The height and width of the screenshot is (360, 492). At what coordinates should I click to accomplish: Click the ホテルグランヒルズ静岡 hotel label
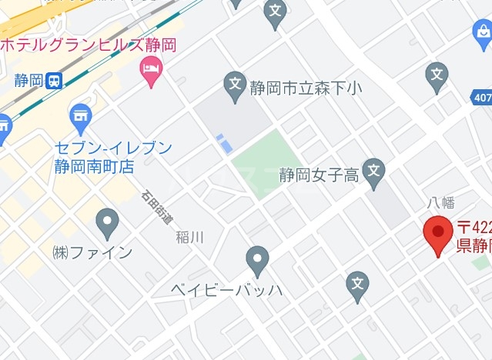coord(88,44)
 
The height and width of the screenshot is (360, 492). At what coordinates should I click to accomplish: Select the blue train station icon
coord(54,81)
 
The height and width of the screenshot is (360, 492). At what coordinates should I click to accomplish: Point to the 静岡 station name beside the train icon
coord(28,81)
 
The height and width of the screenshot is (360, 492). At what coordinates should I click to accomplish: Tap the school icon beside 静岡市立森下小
coord(234,85)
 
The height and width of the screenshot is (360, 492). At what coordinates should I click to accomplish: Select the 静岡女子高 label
coord(319,175)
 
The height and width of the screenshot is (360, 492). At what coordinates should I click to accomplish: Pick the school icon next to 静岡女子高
coord(373,172)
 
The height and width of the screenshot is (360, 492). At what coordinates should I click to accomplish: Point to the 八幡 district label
coord(441,203)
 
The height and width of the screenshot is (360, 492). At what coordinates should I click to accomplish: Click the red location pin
coord(439,235)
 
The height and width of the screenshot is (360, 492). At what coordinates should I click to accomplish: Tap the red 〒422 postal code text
coord(474,228)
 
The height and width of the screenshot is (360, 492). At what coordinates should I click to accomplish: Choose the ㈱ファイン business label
coord(92,252)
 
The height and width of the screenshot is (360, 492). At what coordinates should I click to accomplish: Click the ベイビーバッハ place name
coord(227,290)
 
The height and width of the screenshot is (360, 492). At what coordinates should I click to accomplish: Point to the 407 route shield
coord(481,97)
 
